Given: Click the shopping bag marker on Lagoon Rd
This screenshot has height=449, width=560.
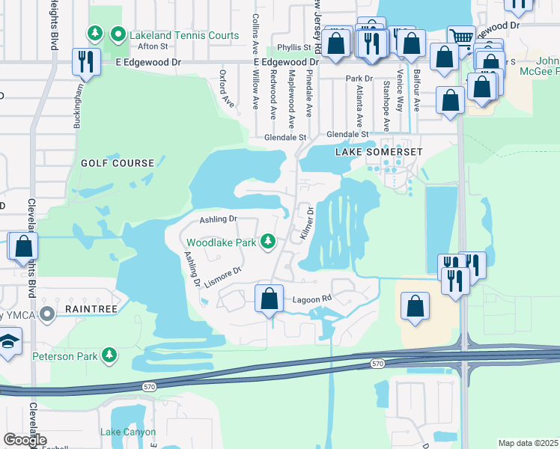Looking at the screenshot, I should (270, 299).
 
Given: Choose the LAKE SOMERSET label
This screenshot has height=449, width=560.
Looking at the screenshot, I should (380, 152).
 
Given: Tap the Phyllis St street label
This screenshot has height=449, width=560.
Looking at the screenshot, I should (292, 47).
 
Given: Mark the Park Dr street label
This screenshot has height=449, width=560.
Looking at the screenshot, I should (359, 78).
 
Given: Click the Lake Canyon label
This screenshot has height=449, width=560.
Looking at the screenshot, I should (128, 432).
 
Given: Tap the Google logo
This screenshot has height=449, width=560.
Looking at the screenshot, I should (25, 440).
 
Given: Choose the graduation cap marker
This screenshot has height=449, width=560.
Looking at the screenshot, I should (9, 341).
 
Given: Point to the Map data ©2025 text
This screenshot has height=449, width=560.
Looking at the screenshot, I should (528, 443).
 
